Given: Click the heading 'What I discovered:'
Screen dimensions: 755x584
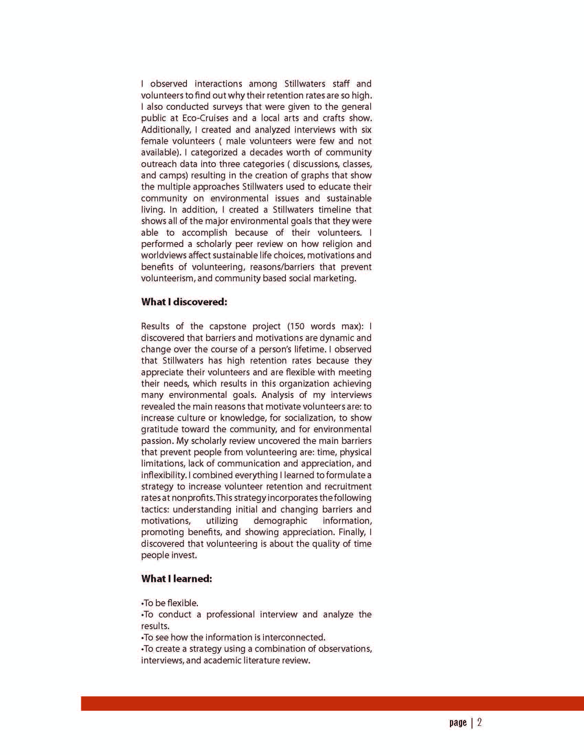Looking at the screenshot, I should click(184, 302).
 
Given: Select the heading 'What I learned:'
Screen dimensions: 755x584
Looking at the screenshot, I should click(177, 579).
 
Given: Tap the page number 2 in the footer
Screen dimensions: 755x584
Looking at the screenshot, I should click(480, 723).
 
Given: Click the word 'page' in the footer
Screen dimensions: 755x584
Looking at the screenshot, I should click(458, 723).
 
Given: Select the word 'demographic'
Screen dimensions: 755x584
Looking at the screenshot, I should click(280, 521).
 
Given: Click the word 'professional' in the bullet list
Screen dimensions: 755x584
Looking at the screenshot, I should click(230, 614).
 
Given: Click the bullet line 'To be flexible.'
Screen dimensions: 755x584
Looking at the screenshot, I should click(170, 603).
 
